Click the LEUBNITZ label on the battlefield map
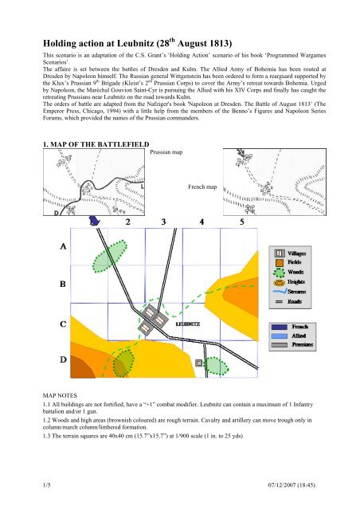coord(188,324)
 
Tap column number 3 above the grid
coord(163,222)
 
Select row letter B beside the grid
coord(63,284)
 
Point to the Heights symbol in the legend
coord(280,282)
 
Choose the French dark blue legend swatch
coord(280,327)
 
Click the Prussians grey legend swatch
coord(280,345)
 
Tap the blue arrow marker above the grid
coord(95,221)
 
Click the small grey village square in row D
coord(199,363)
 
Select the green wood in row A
coord(110,256)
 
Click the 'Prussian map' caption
coord(166,152)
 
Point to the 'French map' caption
coord(202,186)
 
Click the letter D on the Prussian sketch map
coord(57,213)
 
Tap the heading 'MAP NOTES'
coord(60,395)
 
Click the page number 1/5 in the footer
coord(47,485)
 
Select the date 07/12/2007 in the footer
coord(282,485)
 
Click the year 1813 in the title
coord(219,44)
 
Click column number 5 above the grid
coord(242,222)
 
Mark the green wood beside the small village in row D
coord(217,367)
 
